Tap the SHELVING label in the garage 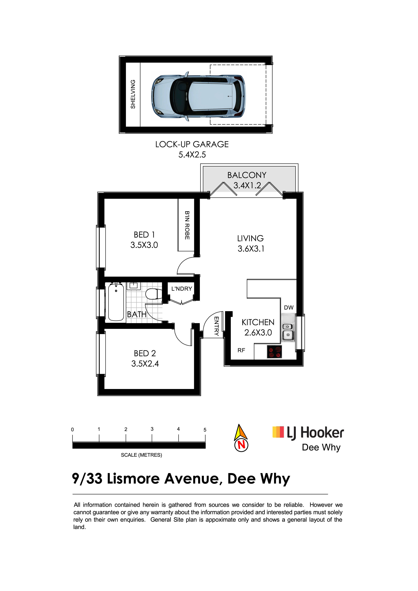pyautogui.click(x=133, y=94)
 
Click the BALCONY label pyautogui.click(x=247, y=175)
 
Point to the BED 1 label pyautogui.click(x=144, y=235)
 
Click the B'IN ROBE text pyautogui.click(x=187, y=225)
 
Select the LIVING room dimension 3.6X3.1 pyautogui.click(x=251, y=249)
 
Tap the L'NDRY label pyautogui.click(x=182, y=289)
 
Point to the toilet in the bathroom pyautogui.click(x=154, y=294)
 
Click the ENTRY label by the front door pyautogui.click(x=217, y=326)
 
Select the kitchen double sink pyautogui.click(x=288, y=327)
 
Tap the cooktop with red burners pyautogui.click(x=274, y=352)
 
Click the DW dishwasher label pyautogui.click(x=289, y=308)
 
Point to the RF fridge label pyautogui.click(x=241, y=350)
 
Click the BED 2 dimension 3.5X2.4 pyautogui.click(x=145, y=364)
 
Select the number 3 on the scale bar pyautogui.click(x=152, y=429)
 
